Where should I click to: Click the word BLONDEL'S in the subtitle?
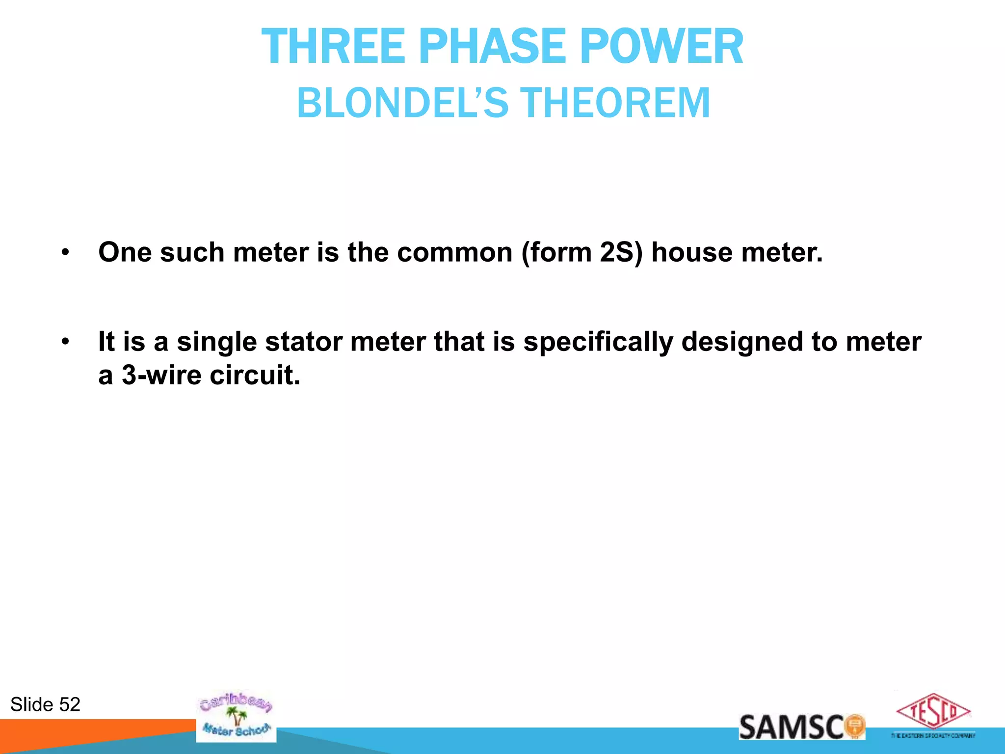[x=402, y=103]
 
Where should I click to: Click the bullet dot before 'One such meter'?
[x=65, y=253]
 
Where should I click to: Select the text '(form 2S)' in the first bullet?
[x=582, y=253]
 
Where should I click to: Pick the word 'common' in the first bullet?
[x=454, y=253]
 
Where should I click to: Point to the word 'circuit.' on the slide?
[x=255, y=376]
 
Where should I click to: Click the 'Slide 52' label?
[x=45, y=704]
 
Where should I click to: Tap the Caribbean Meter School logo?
[x=236, y=717]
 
